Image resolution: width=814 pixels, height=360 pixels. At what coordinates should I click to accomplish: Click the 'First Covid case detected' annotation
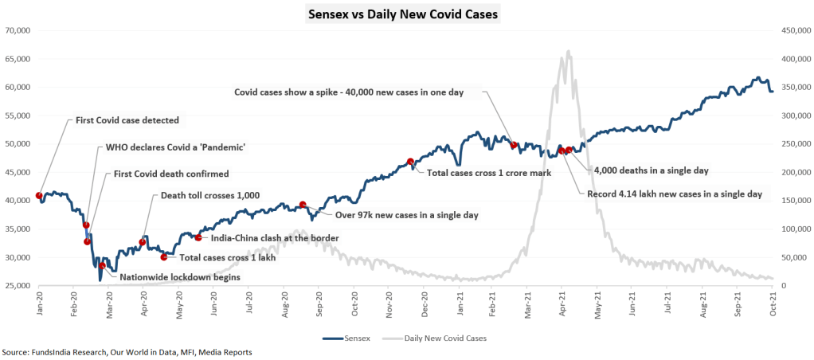127,120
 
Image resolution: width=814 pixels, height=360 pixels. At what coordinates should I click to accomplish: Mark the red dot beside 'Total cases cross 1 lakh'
164,256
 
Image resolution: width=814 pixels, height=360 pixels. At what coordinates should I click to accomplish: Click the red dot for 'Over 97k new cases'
303,205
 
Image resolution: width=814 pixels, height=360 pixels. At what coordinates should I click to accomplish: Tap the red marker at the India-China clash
198,237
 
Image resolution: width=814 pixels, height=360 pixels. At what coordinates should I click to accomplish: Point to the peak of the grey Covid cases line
568,52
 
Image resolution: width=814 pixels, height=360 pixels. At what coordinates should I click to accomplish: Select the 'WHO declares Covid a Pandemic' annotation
175,147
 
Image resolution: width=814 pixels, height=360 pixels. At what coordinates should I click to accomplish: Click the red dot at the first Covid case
39,196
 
